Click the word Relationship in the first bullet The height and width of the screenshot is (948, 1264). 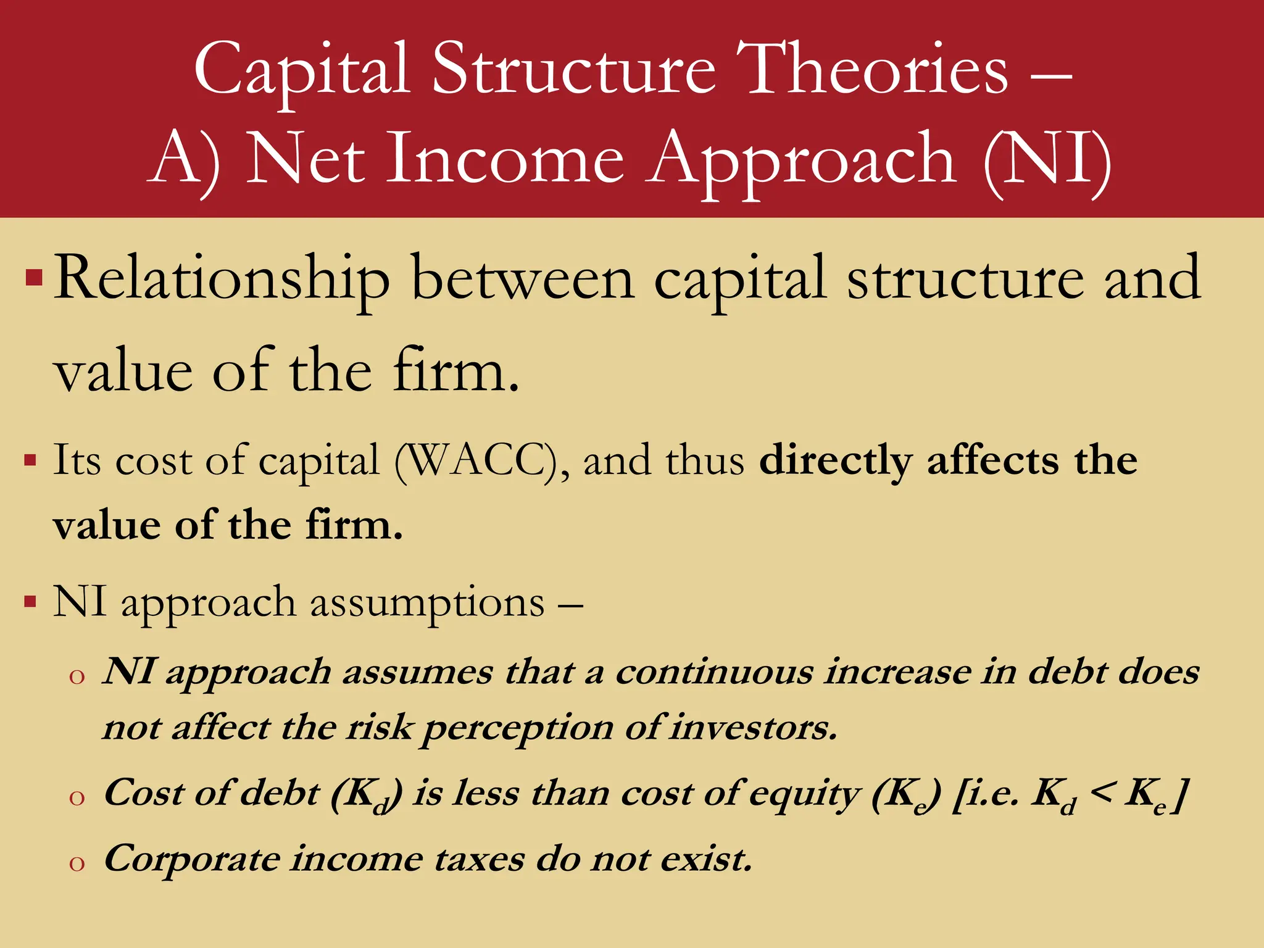click(x=222, y=279)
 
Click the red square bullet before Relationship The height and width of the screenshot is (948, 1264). click(x=34, y=278)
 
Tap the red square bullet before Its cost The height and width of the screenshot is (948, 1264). click(x=30, y=460)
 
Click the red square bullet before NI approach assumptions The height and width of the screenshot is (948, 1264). click(x=30, y=601)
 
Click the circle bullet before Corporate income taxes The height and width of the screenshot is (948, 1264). click(x=77, y=863)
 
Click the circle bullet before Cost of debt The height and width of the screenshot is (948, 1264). click(x=77, y=798)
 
